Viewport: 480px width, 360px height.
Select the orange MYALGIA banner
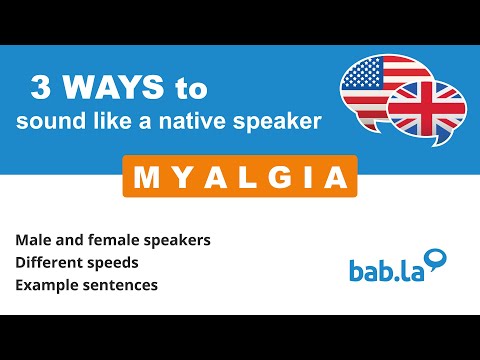240,176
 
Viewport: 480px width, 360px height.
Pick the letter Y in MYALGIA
176,177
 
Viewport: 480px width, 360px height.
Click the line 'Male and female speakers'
112,241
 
